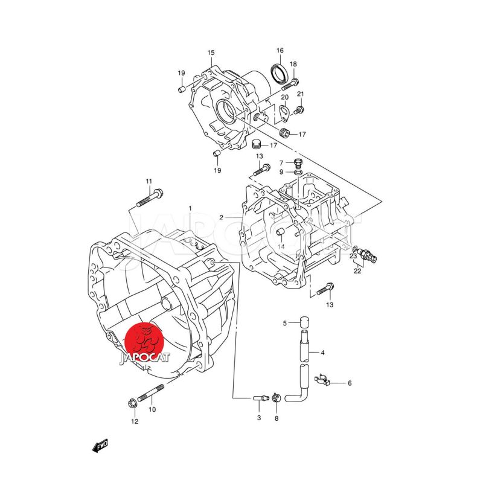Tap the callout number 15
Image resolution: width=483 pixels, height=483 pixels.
pyautogui.click(x=211, y=53)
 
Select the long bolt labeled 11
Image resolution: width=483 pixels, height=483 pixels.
pyautogui.click(x=150, y=199)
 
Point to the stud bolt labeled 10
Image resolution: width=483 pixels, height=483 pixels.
pyautogui.click(x=150, y=394)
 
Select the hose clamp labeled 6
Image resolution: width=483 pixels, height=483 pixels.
pyautogui.click(x=322, y=380)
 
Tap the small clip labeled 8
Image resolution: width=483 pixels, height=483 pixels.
pyautogui.click(x=276, y=398)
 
